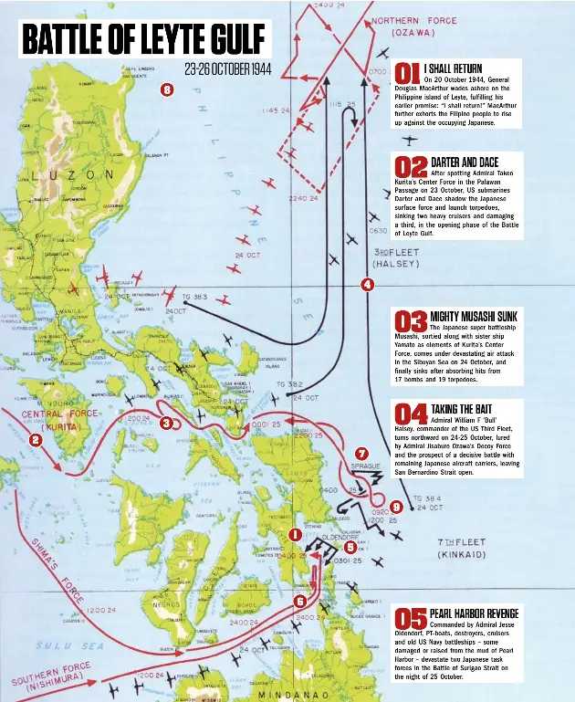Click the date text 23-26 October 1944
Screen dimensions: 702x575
(227, 70)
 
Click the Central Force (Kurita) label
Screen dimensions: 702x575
(60, 420)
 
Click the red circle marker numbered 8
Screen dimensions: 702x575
(166, 89)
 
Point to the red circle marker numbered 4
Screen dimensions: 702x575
(367, 284)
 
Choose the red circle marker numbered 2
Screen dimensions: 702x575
(36, 440)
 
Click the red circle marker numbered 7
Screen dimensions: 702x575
(361, 454)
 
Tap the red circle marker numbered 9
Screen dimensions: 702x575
(395, 507)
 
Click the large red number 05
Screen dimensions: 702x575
(412, 619)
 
